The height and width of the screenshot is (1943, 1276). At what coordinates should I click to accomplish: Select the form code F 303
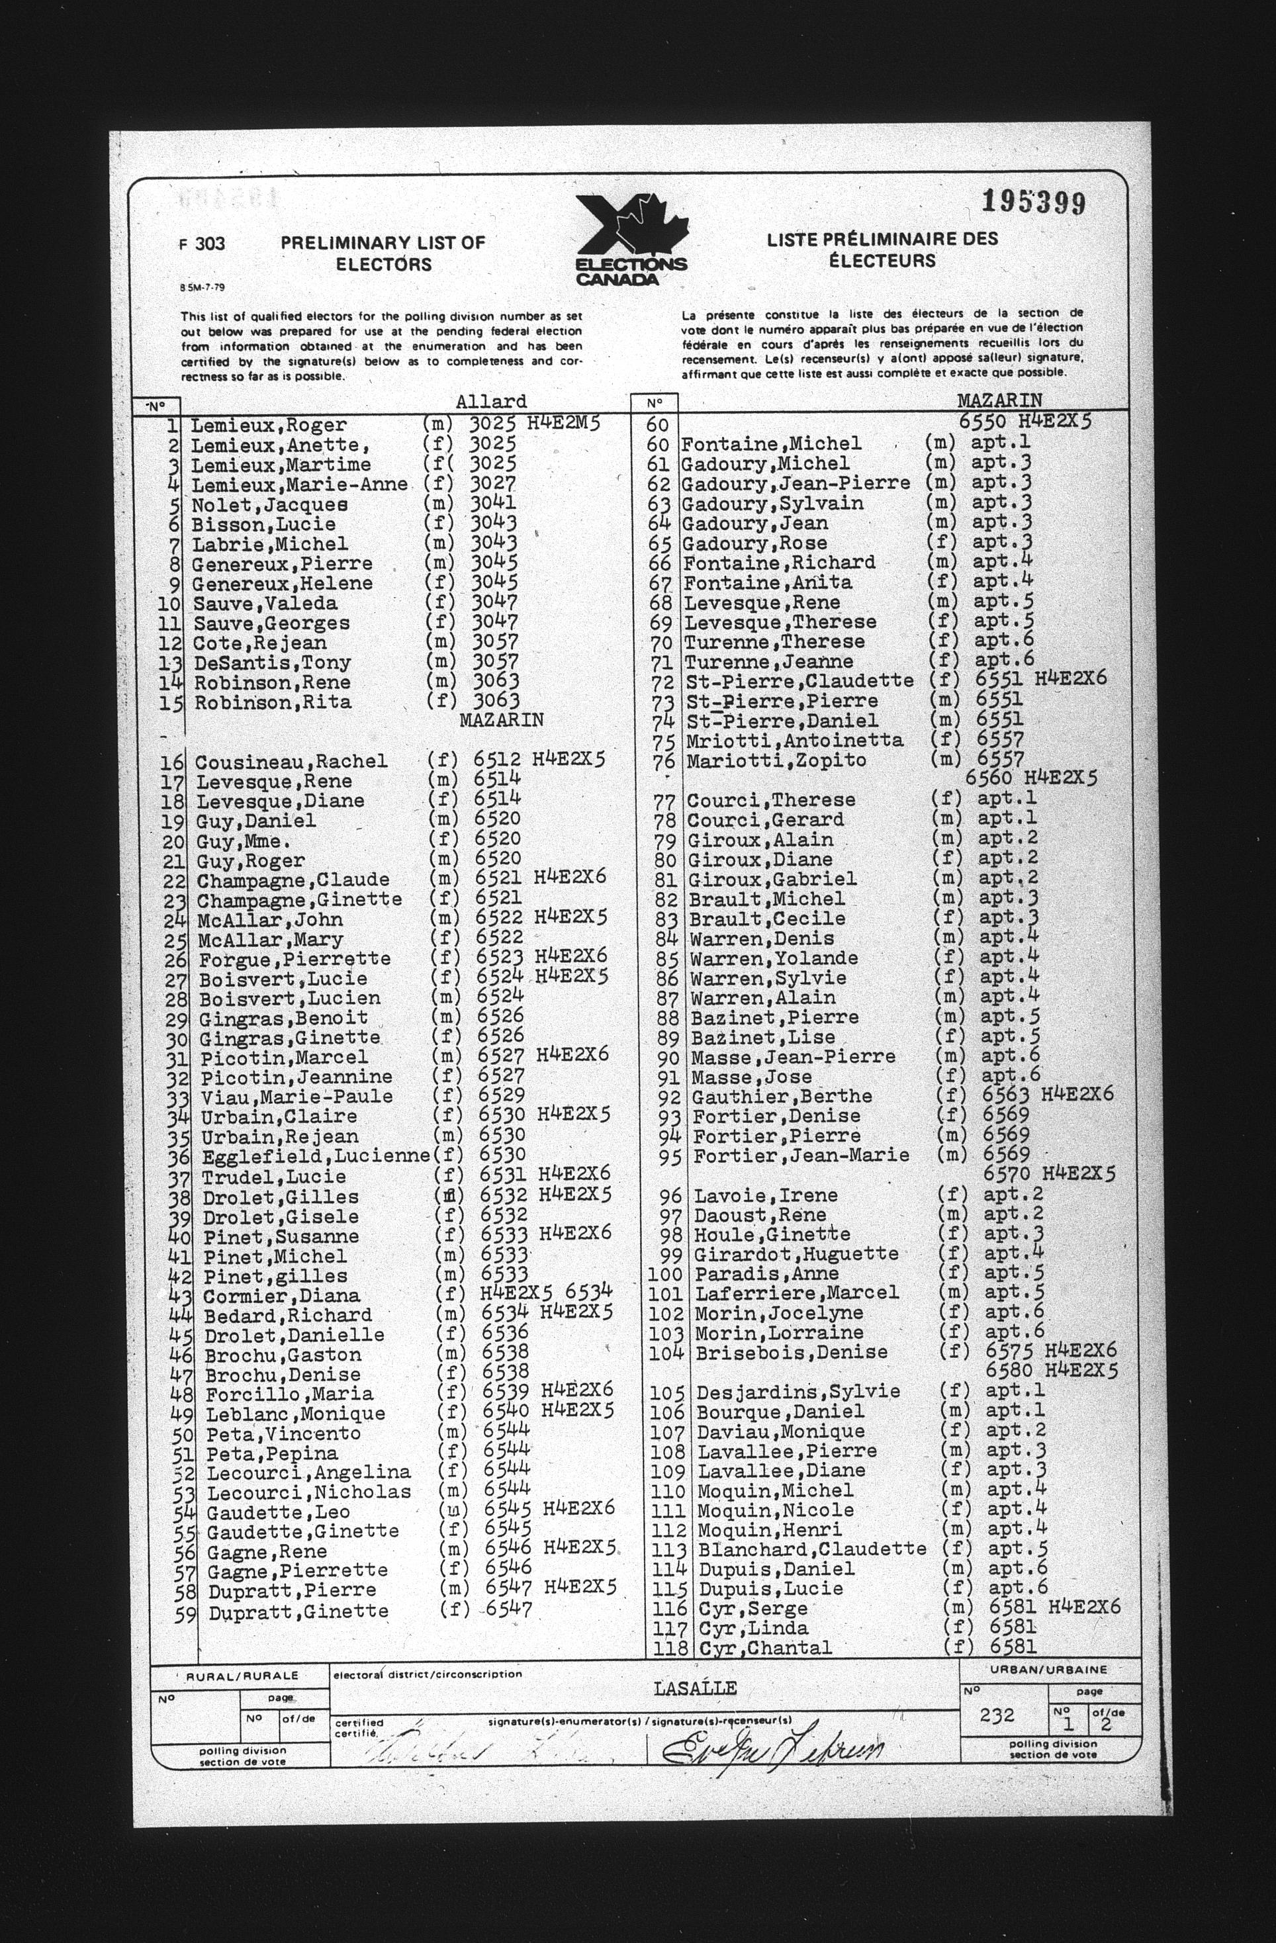(x=203, y=244)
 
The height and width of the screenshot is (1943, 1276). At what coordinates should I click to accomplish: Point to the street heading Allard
(x=492, y=402)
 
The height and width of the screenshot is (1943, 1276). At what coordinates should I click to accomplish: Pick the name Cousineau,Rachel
(x=291, y=762)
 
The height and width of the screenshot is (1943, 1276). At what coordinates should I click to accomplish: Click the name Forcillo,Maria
(x=289, y=1394)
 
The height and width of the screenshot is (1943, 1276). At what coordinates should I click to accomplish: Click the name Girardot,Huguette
(x=796, y=1254)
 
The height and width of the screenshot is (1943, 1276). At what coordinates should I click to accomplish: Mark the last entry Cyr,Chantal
(x=766, y=1649)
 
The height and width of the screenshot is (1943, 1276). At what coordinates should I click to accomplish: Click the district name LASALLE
(x=696, y=1688)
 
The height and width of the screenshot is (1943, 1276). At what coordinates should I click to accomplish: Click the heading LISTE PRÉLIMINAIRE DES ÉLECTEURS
(x=882, y=249)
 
